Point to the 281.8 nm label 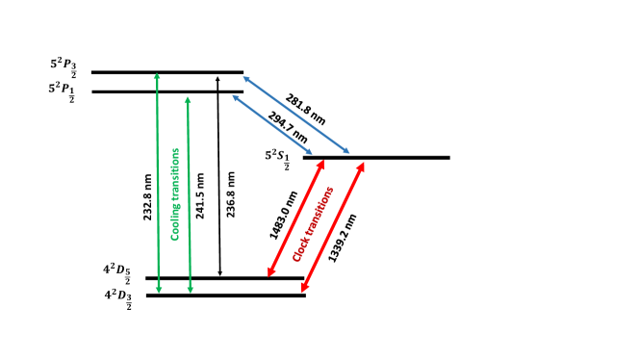click(x=306, y=111)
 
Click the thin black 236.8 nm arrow click(x=220, y=183)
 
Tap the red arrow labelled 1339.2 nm click(x=333, y=225)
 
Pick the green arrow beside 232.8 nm click(x=157, y=183)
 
